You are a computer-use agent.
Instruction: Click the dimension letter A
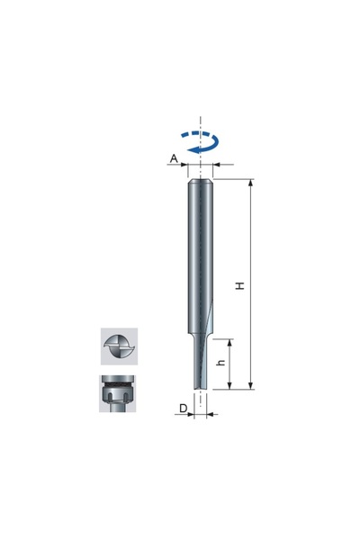click(x=174, y=158)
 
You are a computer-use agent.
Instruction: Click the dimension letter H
click(x=240, y=285)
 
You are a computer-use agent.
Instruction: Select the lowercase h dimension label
click(x=222, y=363)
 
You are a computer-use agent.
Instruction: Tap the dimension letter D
click(x=184, y=408)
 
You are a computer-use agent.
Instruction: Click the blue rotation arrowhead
click(x=193, y=149)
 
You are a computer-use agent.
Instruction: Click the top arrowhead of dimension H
click(x=251, y=183)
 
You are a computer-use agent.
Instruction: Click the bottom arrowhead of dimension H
click(x=251, y=386)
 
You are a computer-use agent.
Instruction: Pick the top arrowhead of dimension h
click(x=229, y=343)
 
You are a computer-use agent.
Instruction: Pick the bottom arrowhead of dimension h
click(x=229, y=386)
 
